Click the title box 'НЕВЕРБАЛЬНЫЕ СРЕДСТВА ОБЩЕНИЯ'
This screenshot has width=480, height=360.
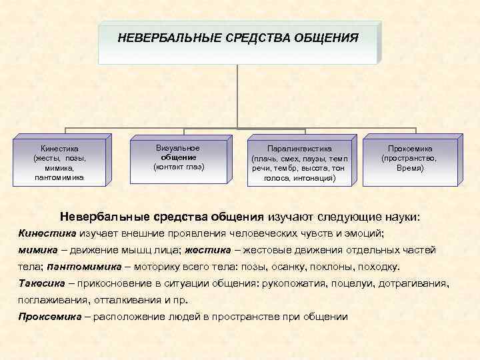pos(238,41)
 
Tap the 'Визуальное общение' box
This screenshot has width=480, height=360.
pos(179,157)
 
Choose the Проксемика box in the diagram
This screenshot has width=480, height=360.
pos(410,159)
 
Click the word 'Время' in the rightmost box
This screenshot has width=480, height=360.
pos(410,169)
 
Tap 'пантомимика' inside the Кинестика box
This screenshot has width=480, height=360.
pos(60,178)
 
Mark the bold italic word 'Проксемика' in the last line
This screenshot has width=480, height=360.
pos(47,316)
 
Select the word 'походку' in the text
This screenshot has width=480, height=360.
pos(379,267)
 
